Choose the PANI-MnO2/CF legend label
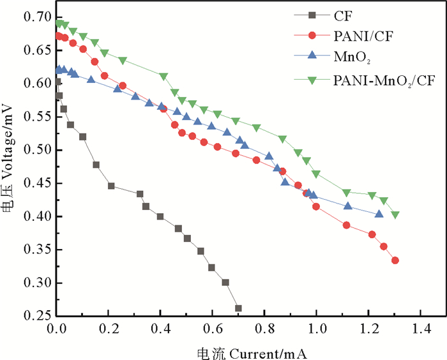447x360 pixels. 379,80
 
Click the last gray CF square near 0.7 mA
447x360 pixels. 239,308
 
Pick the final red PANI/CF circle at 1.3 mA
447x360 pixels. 395,260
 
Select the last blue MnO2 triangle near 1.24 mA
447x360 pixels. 379,214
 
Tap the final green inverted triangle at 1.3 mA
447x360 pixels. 395,215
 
